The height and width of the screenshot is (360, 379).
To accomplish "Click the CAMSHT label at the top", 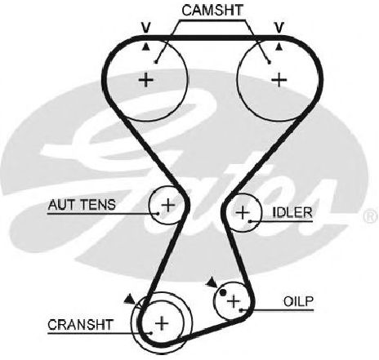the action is [212, 11].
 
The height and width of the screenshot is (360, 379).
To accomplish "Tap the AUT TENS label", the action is [82, 205].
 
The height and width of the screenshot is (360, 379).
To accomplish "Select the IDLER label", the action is [292, 212].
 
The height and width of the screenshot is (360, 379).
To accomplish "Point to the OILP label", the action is [298, 301].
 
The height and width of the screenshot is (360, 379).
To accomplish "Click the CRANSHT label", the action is [80, 325].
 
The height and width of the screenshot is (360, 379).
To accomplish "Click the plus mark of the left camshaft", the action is [146, 80].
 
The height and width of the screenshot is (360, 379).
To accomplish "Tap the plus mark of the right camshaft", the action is [279, 80].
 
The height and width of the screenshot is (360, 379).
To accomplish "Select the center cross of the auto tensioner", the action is [168, 205].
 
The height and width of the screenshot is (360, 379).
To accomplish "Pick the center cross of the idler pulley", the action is [243, 212].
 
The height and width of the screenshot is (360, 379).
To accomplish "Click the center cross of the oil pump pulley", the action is [234, 301].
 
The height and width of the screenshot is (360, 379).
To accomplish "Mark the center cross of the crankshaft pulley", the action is [162, 323].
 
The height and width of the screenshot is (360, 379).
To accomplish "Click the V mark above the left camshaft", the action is [146, 27].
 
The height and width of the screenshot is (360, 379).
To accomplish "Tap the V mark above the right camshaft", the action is [279, 27].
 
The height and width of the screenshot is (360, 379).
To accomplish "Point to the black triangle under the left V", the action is [146, 47].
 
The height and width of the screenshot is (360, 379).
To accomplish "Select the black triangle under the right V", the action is [279, 47].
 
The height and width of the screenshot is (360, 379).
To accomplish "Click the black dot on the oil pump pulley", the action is [223, 292].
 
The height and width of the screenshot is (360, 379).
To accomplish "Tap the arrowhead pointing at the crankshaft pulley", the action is [130, 299].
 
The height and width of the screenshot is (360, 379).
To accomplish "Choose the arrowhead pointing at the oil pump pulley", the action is [212, 283].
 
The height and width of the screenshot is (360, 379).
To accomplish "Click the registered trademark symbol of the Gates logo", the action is [371, 216].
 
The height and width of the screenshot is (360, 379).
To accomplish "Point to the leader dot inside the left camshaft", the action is [155, 62].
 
